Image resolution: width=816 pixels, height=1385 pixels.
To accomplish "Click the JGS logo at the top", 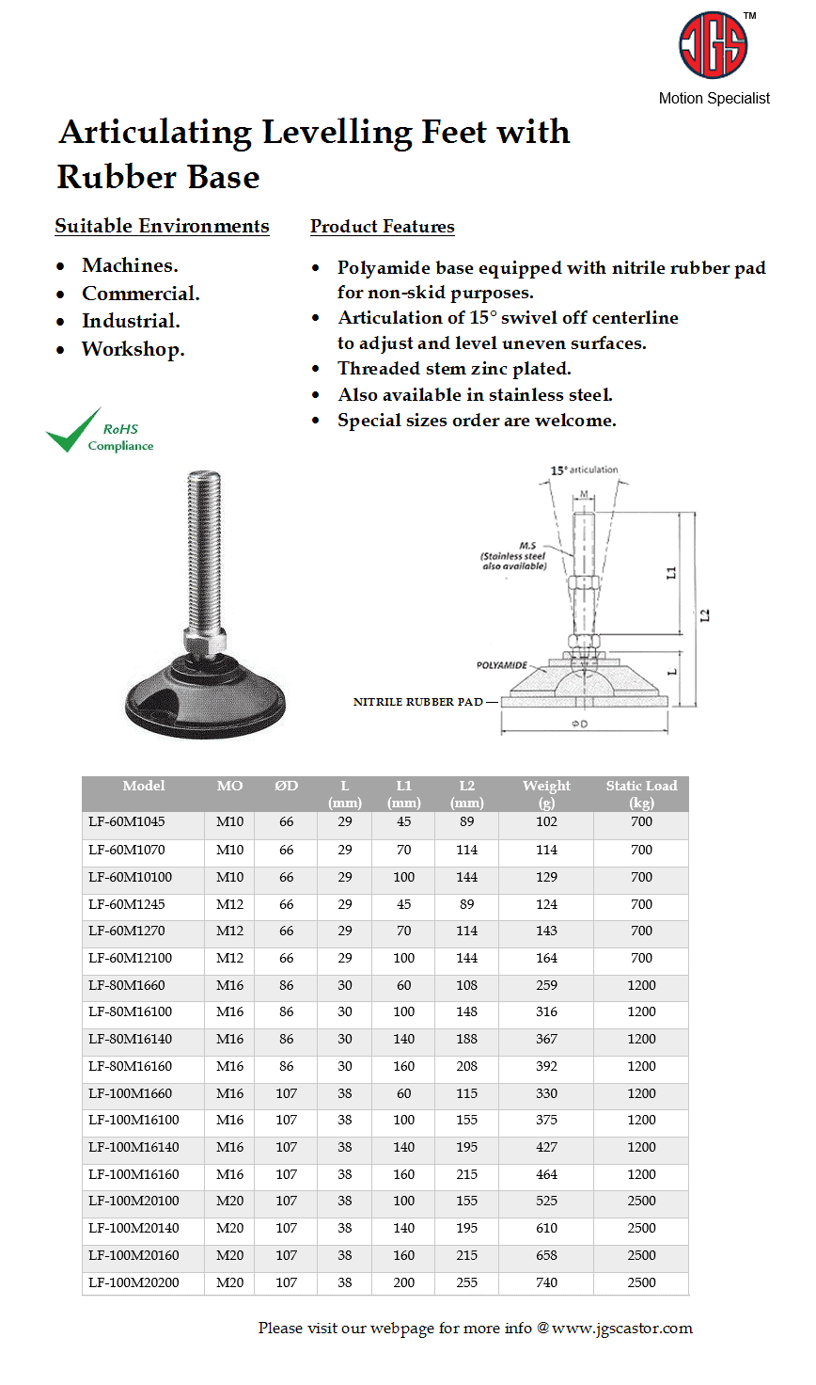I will (713, 45).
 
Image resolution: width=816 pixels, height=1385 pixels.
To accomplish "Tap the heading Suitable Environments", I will (162, 227).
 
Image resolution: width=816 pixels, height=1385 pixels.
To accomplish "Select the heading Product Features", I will (382, 227).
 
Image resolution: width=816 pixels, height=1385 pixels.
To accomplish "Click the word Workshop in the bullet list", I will (132, 349).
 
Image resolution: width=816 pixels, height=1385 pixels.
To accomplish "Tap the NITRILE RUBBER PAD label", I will (417, 702).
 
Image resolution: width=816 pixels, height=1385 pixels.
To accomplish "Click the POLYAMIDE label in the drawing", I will (502, 665).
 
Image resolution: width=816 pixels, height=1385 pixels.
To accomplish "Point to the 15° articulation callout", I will (584, 470).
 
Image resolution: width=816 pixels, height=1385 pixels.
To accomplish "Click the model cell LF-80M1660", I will (127, 985).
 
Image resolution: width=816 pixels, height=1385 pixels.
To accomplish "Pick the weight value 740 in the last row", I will (546, 1282).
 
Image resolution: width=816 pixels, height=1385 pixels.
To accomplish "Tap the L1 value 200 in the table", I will (403, 1282).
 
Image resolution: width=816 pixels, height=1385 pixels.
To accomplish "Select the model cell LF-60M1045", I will (127, 821).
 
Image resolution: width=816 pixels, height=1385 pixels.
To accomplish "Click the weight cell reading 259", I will (546, 985).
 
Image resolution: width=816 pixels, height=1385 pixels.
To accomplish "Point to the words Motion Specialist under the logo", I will (714, 98).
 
